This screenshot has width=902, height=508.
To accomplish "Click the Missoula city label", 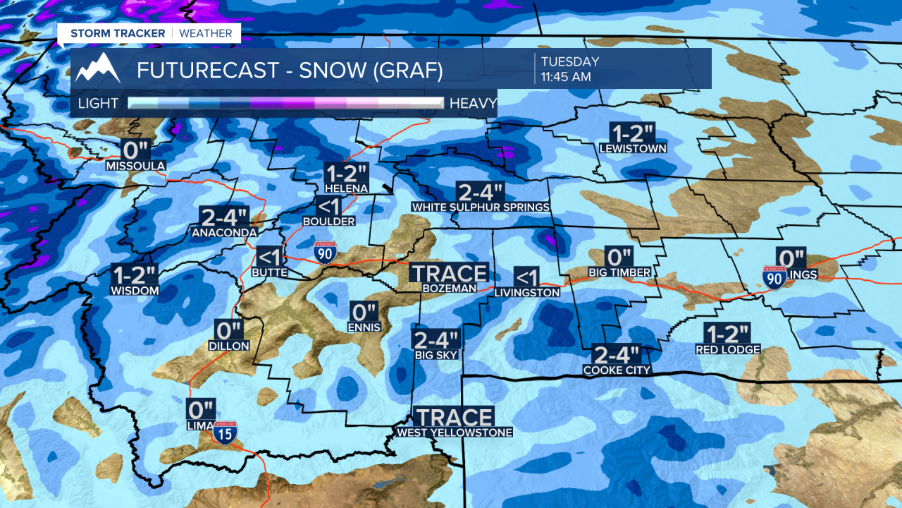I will point(135,166).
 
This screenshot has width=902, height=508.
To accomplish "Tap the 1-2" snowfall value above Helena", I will point(345,173).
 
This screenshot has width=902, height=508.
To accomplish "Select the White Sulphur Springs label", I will point(481,207).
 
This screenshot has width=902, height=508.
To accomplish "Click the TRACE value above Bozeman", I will point(449,273).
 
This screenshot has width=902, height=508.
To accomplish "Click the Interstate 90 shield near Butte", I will point(324,252).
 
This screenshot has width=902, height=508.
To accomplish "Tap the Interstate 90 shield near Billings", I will point(774,277).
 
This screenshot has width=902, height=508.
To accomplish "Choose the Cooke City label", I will point(617,370).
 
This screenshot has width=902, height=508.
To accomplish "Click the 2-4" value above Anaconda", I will point(225,217).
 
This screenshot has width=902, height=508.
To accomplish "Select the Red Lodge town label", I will point(728,349).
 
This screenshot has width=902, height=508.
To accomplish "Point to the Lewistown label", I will point(633,149).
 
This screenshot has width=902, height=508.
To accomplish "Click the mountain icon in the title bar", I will point(97,69).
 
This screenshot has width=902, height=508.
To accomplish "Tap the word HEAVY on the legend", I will point(473,103).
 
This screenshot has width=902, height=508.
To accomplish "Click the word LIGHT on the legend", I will point(98,103).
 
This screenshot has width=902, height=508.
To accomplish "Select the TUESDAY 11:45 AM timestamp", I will point(569,69).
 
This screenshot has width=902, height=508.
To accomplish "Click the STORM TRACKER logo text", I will point(118,33).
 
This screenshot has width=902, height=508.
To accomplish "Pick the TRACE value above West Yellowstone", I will point(454,417).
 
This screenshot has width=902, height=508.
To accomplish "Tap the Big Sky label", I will point(436,355).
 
